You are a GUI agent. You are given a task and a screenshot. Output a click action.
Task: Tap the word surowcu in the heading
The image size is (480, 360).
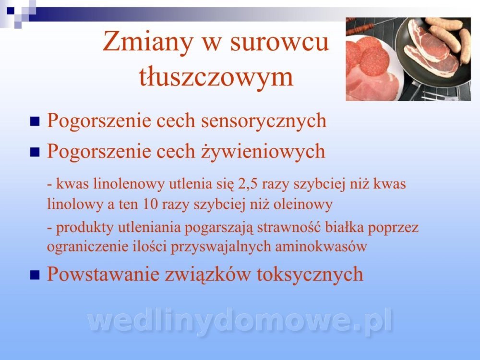pyautogui.click(x=279, y=43)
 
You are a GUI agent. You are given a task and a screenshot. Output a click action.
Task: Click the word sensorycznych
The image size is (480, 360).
pyautogui.click(x=264, y=120)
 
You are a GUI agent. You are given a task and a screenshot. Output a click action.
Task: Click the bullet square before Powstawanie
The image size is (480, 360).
pyautogui.click(x=35, y=275)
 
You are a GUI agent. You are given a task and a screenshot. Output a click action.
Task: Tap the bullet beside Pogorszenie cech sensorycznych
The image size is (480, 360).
pyautogui.click(x=35, y=121)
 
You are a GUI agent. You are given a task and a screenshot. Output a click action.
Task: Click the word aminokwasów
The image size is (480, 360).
pyautogui.click(x=321, y=246)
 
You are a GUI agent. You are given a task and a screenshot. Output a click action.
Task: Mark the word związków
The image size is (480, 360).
pyautogui.click(x=207, y=275)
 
